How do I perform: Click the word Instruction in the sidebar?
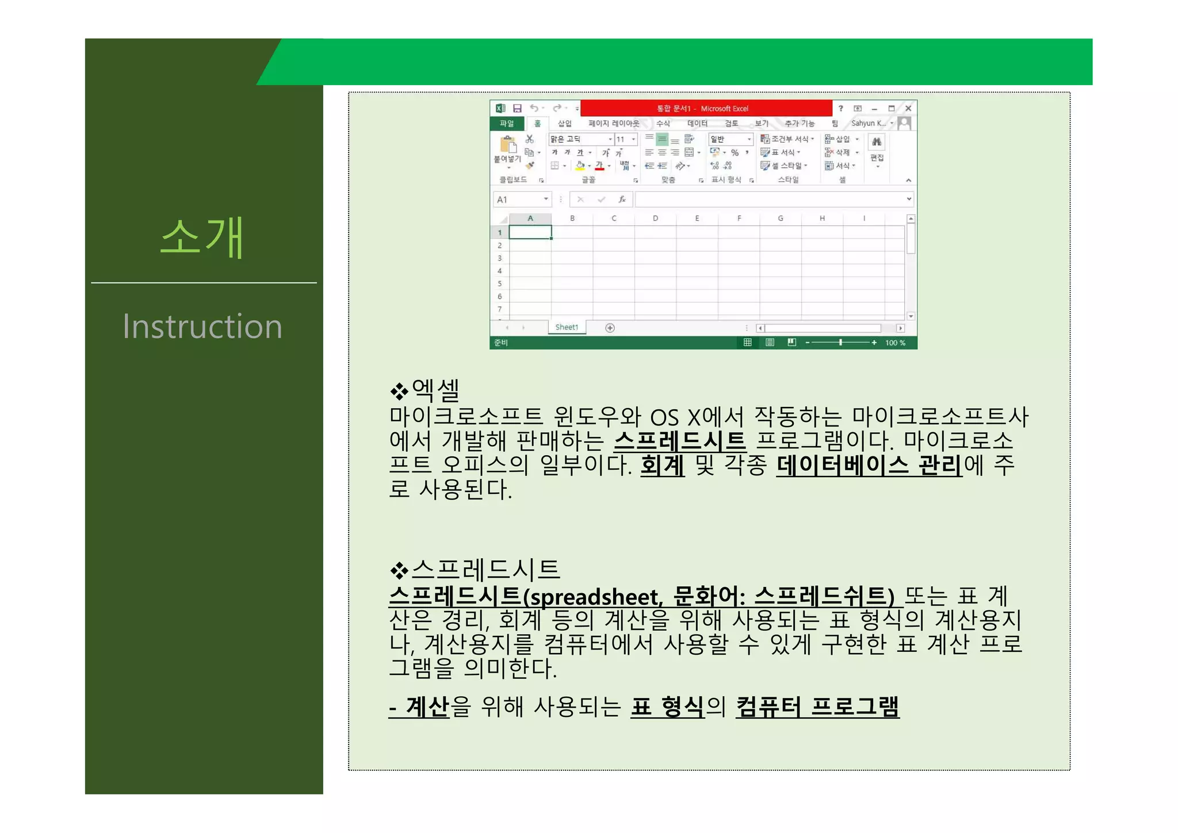(x=202, y=327)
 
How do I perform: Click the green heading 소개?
(x=202, y=237)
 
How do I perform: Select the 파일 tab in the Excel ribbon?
(x=506, y=124)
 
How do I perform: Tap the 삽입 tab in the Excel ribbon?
(x=564, y=124)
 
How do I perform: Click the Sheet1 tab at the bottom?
(x=567, y=327)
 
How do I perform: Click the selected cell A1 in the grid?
(x=530, y=232)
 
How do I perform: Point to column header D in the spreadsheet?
(x=655, y=218)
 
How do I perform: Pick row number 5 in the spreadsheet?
(x=499, y=283)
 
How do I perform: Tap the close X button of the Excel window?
(x=908, y=108)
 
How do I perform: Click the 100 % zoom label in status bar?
(x=895, y=343)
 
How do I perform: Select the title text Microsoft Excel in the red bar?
(x=724, y=109)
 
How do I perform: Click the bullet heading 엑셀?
(x=435, y=391)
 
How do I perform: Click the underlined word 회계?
(x=662, y=465)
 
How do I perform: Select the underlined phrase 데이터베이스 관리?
(x=869, y=465)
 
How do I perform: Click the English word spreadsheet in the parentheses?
(x=595, y=597)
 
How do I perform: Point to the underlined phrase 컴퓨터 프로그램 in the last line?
(x=817, y=706)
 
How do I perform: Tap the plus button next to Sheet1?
(x=610, y=328)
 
